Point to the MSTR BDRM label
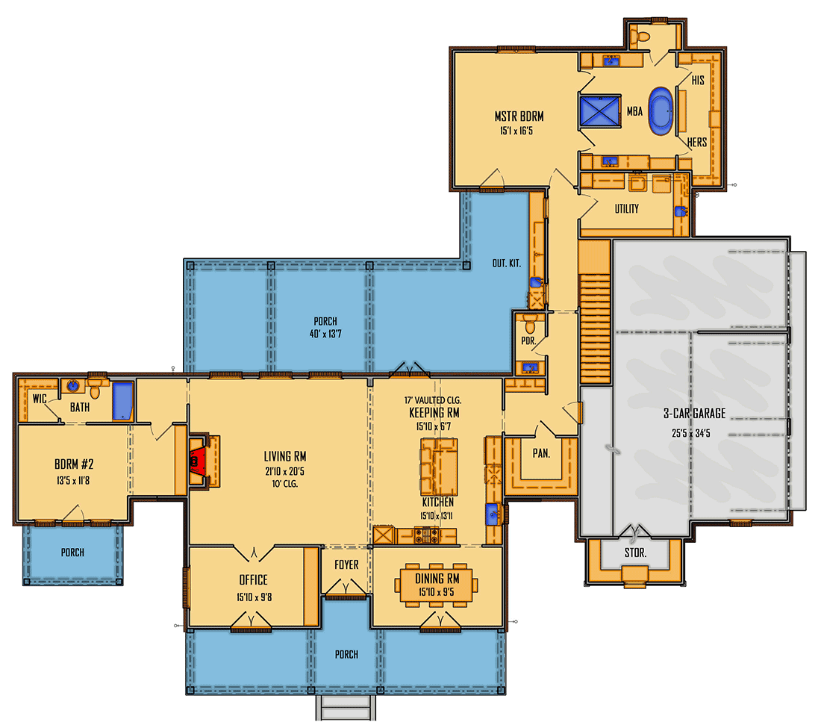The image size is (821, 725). coord(518,116)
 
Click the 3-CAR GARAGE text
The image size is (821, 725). coord(694,414)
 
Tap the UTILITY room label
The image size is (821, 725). coord(626,209)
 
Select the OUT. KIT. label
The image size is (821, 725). coord(506,264)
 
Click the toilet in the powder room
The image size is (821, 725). coord(531,326)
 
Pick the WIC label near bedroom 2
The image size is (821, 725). coord(40,399)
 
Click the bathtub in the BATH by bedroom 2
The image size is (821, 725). coord(122,401)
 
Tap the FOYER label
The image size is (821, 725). coord(346,565)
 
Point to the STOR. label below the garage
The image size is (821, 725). coord(634,554)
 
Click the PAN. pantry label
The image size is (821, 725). coord(540,452)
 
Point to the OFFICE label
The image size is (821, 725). coord(253,580)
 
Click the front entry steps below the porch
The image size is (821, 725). coord(346,708)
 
